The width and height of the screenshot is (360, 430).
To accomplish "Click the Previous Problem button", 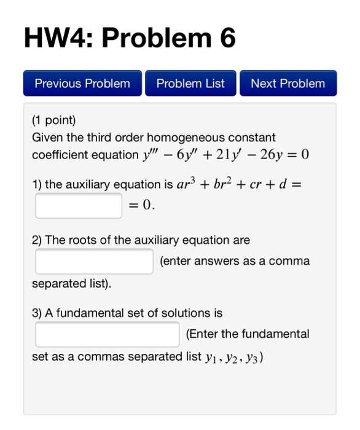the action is [x=82, y=84].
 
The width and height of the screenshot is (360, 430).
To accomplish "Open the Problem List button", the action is [x=190, y=84].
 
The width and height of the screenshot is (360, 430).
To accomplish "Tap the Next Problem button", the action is [x=288, y=84].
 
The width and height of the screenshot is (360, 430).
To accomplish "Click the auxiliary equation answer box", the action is [x=79, y=206].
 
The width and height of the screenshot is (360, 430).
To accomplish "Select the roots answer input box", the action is [x=94, y=261].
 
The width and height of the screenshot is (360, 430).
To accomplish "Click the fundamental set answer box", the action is [x=108, y=334].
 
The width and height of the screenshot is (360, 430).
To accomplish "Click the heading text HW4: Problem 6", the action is [x=130, y=38].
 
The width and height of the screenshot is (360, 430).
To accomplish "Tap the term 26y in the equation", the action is [x=272, y=154].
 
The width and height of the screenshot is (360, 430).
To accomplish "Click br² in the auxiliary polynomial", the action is [x=243, y=184].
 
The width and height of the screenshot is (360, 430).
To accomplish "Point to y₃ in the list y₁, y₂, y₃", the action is [x=253, y=357].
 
